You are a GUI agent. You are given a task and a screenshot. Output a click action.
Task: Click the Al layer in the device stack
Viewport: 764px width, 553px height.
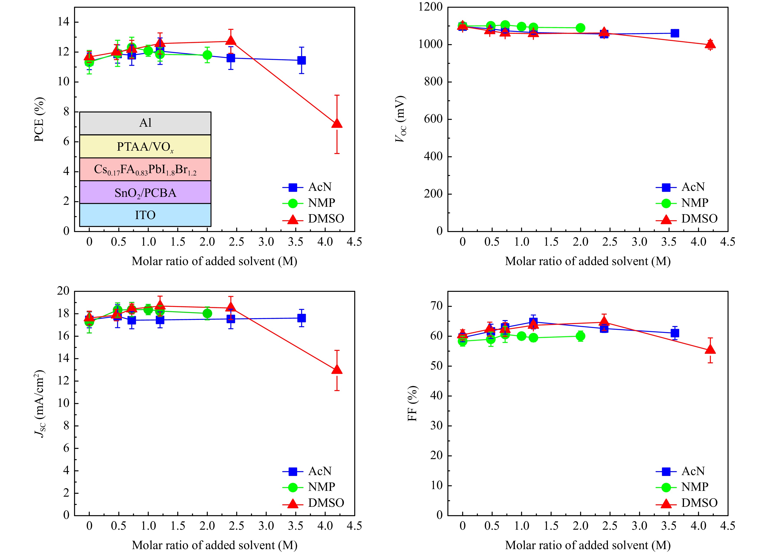(x=145, y=123)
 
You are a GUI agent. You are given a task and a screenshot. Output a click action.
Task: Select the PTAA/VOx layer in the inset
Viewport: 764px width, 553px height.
(x=145, y=146)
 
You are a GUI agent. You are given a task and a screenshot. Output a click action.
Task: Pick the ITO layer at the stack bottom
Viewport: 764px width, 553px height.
(x=145, y=215)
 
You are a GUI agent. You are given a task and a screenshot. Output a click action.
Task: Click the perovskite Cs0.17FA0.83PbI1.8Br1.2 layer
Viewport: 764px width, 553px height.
(x=145, y=169)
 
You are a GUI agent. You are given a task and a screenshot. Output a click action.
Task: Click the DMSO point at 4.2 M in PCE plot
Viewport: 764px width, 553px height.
(x=337, y=124)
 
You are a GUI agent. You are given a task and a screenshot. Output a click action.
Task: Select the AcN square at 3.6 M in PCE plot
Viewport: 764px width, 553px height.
(x=301, y=60)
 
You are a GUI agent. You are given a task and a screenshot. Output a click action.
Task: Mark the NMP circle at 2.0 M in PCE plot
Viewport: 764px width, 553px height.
(x=207, y=55)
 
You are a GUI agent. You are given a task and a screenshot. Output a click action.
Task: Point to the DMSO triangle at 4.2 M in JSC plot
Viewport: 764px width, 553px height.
(x=337, y=370)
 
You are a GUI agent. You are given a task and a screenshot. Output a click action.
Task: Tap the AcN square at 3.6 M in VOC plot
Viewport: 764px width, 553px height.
(x=675, y=33)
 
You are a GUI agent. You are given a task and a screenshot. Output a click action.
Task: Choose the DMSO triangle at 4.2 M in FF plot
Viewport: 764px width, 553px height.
(x=710, y=350)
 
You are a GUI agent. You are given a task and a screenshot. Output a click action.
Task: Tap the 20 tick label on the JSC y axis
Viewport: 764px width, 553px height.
(x=62, y=291)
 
